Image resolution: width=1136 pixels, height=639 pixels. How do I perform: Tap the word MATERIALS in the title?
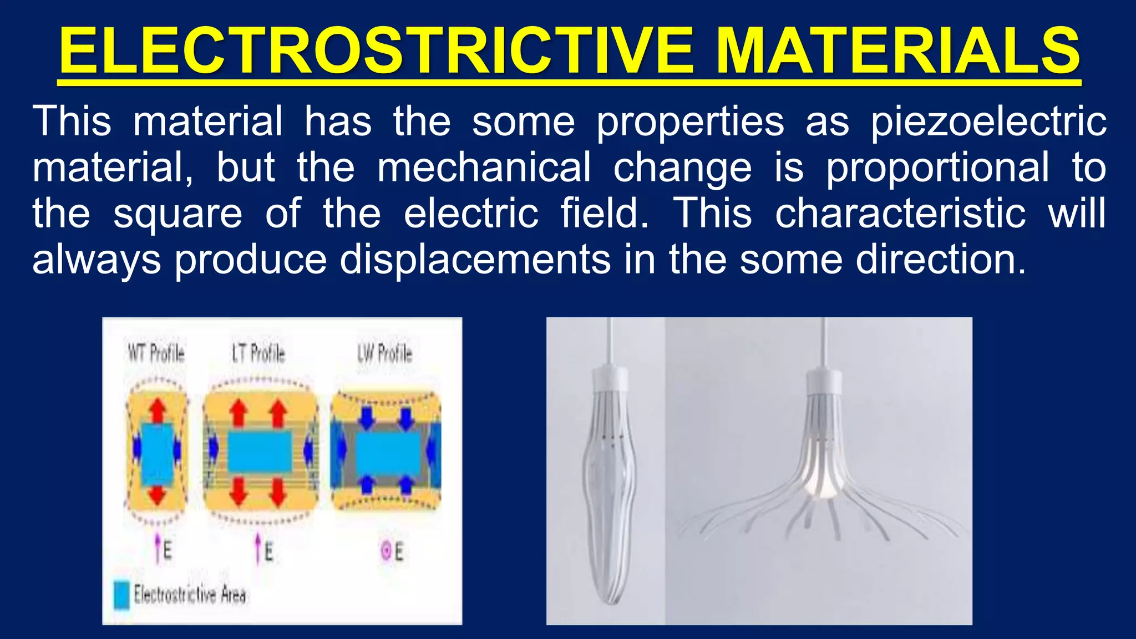coord(897,51)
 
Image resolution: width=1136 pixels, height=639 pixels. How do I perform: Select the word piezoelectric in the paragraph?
coord(988,121)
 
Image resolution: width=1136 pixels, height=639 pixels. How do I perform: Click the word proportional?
coord(937,167)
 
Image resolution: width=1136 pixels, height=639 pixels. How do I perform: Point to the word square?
coord(177,214)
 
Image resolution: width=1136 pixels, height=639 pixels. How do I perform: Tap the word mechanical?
coord(484,167)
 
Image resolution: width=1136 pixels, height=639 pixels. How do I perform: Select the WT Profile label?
coord(156,353)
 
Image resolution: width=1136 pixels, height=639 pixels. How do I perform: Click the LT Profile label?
coord(258,353)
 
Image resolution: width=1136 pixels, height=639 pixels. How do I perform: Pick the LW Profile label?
coord(384,353)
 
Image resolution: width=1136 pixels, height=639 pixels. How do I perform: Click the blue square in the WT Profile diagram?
coord(157,454)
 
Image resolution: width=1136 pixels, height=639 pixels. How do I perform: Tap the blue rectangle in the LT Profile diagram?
coord(260,452)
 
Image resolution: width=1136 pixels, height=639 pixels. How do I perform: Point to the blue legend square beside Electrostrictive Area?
coord(121,595)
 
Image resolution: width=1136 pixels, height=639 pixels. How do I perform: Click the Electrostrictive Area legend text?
coord(190,595)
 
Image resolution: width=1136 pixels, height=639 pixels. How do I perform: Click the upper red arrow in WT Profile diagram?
coord(158,411)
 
